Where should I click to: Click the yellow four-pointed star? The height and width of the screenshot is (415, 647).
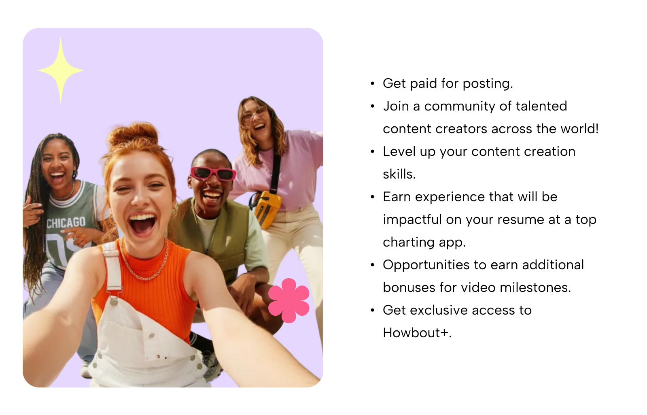(x=61, y=70)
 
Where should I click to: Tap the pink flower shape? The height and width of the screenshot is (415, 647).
(x=289, y=300)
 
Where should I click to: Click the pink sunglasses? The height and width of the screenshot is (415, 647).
(x=213, y=173)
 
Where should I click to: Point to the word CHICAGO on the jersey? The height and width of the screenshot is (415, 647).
(x=66, y=223)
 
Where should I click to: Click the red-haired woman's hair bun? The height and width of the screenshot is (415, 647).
(x=134, y=135)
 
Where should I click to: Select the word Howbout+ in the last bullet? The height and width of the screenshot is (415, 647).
(x=416, y=333)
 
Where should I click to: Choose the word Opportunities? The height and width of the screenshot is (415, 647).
(x=426, y=265)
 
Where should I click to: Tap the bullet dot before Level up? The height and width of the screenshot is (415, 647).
(x=372, y=151)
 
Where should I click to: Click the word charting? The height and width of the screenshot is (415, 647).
(x=408, y=243)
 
